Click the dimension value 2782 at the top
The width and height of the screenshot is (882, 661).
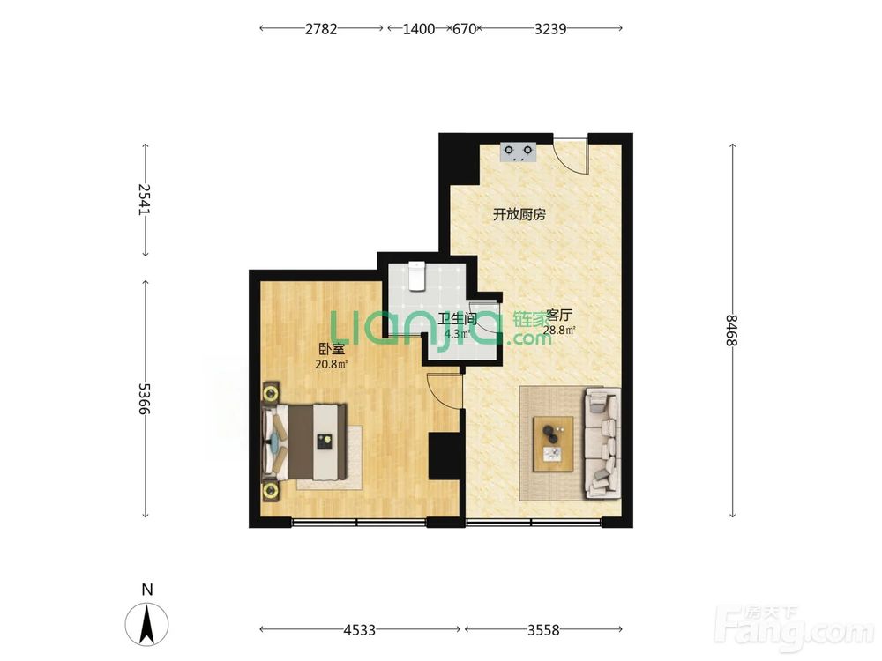tap(321, 29)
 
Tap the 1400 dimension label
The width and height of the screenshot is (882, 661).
tap(418, 29)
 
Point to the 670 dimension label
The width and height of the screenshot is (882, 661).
tap(464, 29)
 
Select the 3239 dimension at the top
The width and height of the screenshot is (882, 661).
tap(549, 29)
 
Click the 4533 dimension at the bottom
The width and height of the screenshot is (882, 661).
tap(360, 630)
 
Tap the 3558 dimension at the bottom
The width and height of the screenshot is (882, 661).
tap(543, 630)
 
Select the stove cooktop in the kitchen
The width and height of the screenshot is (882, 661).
tap(519, 152)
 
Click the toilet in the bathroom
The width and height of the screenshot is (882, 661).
tap(416, 276)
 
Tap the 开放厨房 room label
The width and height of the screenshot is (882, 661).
tap(519, 215)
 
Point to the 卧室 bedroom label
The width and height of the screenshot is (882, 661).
tap(331, 350)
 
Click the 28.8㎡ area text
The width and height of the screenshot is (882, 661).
tap(558, 330)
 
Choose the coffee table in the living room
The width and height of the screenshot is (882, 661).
tap(554, 444)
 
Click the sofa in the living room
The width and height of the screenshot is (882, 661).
tap(602, 443)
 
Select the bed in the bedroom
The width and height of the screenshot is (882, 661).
tap(304, 442)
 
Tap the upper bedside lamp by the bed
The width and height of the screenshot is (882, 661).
tap(271, 392)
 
